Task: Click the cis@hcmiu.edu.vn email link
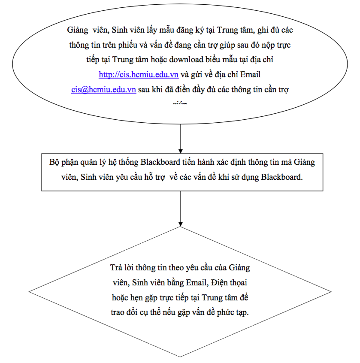pyautogui.click(x=104, y=90)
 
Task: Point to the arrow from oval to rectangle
pyautogui.click(x=180, y=137)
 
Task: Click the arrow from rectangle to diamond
pyautogui.click(x=180, y=208)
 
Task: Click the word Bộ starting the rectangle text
pyautogui.click(x=54, y=163)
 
